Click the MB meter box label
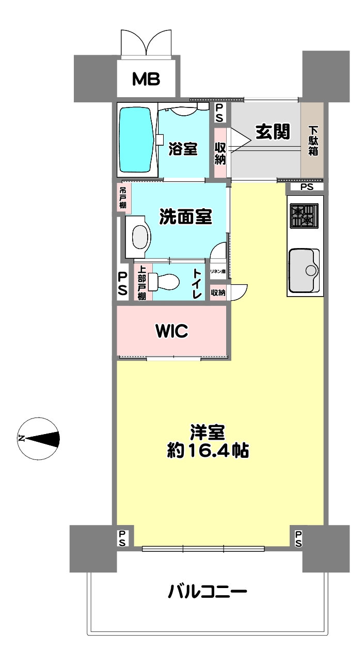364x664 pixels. [146, 79]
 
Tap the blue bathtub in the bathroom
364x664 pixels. [136, 140]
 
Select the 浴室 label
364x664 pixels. [183, 149]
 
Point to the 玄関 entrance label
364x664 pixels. [273, 132]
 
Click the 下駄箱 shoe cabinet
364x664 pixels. [312, 140]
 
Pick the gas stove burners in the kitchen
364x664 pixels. [304, 215]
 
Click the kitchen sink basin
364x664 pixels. [304, 270]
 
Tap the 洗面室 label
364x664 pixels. [186, 217]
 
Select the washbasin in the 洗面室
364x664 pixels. [139, 237]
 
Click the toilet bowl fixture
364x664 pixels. [164, 281]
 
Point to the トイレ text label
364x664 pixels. [197, 284]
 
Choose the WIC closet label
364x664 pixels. [172, 331]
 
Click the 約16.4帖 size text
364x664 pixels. [208, 451]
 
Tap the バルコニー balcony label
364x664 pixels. [208, 592]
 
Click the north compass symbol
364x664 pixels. [39, 439]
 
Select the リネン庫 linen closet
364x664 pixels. [218, 271]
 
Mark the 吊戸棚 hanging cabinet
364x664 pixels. [123, 197]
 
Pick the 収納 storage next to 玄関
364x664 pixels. [220, 153]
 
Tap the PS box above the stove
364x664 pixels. [307, 187]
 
